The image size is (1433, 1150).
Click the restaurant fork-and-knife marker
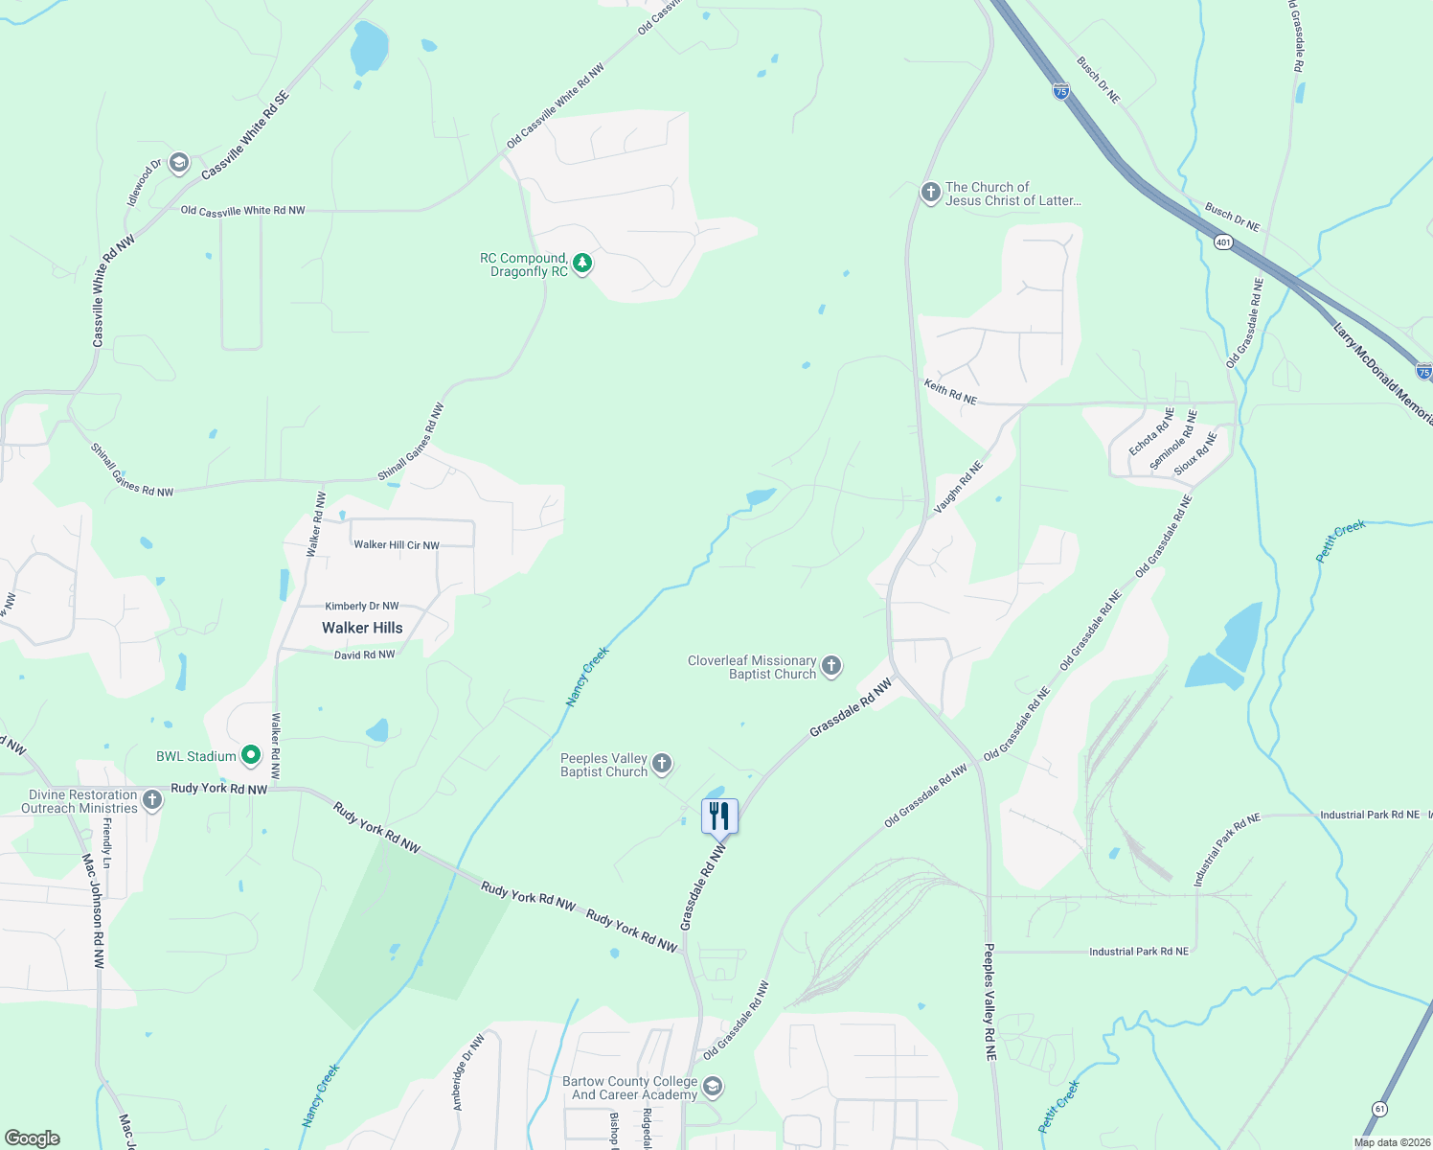pyautogui.click(x=719, y=816)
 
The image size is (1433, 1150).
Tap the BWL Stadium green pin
pyautogui.click(x=251, y=756)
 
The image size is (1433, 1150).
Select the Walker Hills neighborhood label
pyautogui.click(x=362, y=628)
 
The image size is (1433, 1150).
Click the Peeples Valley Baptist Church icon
pyautogui.click(x=662, y=765)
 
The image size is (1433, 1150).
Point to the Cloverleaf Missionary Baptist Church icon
pyautogui.click(x=831, y=666)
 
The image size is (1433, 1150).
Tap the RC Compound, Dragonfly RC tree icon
pyautogui.click(x=581, y=263)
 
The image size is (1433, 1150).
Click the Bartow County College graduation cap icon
pyautogui.click(x=712, y=1087)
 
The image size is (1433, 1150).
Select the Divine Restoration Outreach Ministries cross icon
pyautogui.click(x=151, y=800)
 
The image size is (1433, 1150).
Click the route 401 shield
pyautogui.click(x=1223, y=242)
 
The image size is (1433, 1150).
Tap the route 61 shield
pyautogui.click(x=1379, y=1108)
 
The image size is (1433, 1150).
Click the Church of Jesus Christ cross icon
pyautogui.click(x=930, y=193)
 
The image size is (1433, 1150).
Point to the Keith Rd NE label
pyautogui.click(x=950, y=392)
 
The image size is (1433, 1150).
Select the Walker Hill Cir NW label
pyautogui.click(x=397, y=544)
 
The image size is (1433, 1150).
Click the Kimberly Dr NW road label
pyautogui.click(x=362, y=606)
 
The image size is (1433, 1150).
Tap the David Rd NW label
pyautogui.click(x=364, y=655)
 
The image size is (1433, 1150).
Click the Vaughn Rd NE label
pyautogui.click(x=959, y=487)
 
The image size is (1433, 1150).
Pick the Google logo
pyautogui.click(x=33, y=1138)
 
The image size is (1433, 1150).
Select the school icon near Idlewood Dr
pyautogui.click(x=179, y=163)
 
